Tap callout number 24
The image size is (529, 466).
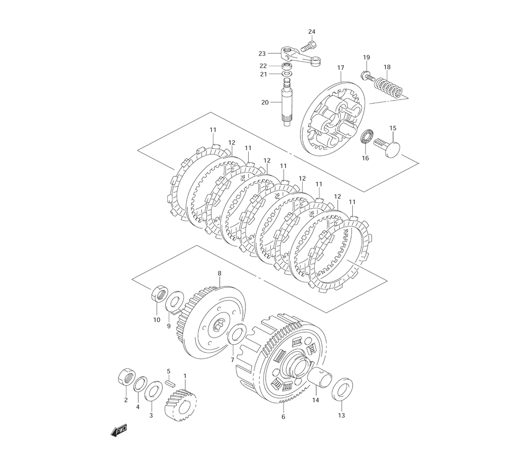pos(312,32)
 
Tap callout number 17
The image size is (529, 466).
pos(341,68)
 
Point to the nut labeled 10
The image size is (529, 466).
pos(160,294)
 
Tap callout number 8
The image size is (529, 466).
pos(220,274)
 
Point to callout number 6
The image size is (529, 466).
pos(283,417)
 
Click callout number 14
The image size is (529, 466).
pos(316,401)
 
